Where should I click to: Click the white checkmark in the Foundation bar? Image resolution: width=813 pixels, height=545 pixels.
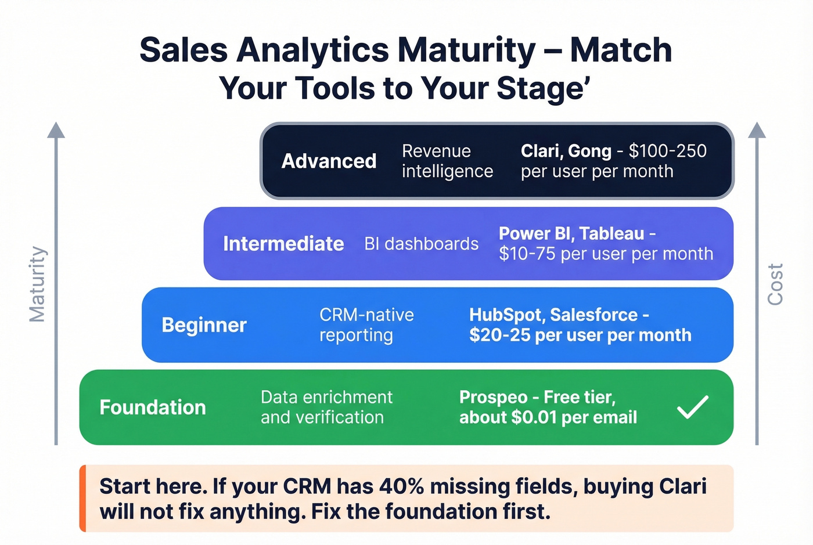(692, 407)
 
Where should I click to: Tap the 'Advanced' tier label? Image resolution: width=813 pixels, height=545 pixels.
(329, 161)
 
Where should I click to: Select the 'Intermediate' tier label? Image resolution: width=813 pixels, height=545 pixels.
(283, 244)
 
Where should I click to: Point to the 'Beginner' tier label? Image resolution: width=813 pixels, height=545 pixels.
(204, 325)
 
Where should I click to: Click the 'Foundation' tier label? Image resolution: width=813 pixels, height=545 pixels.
(153, 407)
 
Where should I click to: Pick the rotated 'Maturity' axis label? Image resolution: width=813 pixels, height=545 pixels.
(38, 284)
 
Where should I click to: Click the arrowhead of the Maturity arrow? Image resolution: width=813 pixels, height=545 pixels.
(56, 130)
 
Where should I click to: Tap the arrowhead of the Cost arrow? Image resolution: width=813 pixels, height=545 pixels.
(757, 130)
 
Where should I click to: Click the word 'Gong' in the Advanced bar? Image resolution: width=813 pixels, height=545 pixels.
(589, 151)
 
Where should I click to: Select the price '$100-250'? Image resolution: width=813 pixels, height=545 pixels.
(667, 151)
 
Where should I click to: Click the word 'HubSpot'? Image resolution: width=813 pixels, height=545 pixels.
(506, 315)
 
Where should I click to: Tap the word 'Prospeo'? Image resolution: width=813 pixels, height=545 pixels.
(493, 397)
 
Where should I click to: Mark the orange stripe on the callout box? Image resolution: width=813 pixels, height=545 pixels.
(82, 498)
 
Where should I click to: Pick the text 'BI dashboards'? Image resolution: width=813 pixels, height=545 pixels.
(421, 244)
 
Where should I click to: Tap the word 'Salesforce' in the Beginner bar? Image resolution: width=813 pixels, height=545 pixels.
(593, 315)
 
